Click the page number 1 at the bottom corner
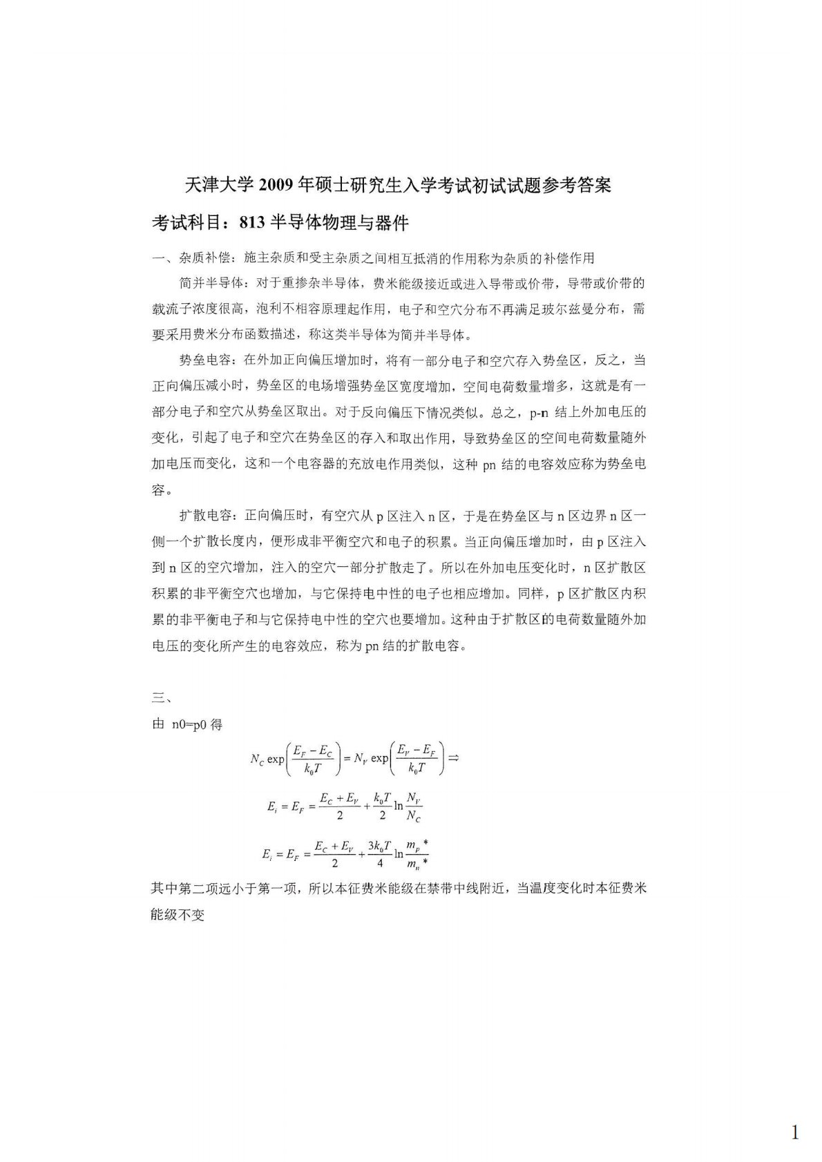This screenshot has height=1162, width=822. point(795,1113)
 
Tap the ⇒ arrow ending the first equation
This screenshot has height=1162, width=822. point(453,757)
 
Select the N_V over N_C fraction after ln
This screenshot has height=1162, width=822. point(413,807)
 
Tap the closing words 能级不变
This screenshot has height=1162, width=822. point(178,916)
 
